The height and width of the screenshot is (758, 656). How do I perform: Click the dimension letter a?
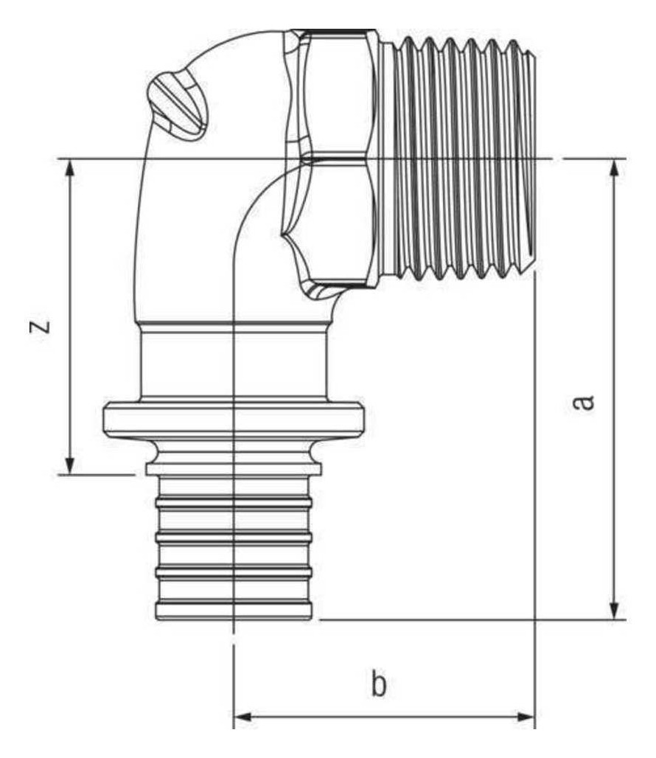point(583,402)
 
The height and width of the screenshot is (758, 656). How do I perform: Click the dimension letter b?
point(379,684)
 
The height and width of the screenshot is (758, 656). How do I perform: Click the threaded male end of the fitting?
point(459,159)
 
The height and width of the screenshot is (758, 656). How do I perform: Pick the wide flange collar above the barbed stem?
point(234,420)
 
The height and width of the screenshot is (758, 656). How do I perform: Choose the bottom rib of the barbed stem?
point(234,610)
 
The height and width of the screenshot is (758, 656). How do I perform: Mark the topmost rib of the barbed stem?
point(234,502)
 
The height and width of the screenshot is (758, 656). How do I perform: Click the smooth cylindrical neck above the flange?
point(234,363)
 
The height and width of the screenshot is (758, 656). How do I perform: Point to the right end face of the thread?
point(534,159)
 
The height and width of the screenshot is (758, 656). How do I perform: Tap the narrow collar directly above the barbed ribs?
point(234,468)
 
